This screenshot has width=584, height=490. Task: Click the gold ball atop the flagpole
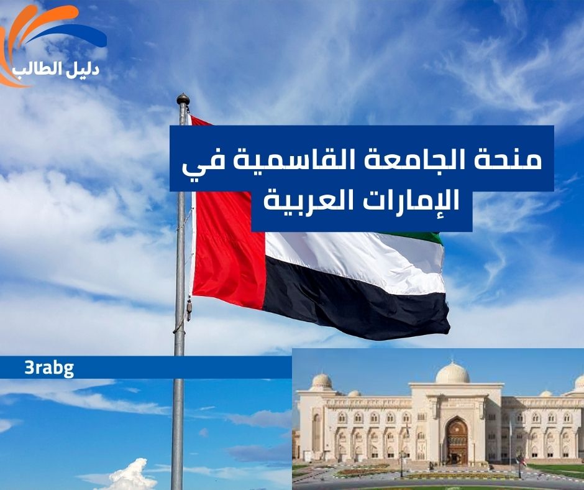click(x=183, y=99)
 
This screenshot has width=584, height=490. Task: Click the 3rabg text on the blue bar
click(x=49, y=367)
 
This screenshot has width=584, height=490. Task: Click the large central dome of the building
click(x=452, y=373)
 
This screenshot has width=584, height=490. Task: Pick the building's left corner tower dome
click(x=322, y=381)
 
